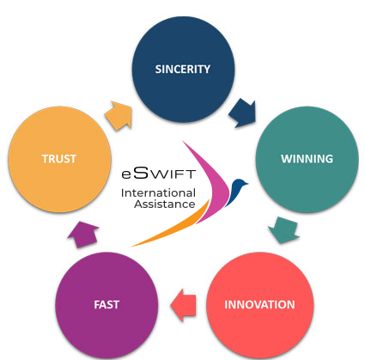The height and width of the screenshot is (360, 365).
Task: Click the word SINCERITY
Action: coord(183,70)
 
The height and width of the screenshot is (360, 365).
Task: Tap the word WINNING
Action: coord(307,159)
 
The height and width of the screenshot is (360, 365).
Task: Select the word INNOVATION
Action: coord(259,305)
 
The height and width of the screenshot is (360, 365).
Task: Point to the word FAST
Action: coord(106,305)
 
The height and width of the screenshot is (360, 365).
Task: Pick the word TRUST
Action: coord(59,159)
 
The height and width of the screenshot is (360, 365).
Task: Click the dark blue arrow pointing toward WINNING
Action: coord(243,113)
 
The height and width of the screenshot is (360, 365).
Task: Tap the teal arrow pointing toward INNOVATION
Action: coord(284,230)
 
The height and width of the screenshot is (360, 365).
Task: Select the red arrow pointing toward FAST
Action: coord(184,305)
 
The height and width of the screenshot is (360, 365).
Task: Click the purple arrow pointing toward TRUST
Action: coord(83,235)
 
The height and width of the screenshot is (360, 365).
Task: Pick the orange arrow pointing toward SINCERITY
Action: coord(119,115)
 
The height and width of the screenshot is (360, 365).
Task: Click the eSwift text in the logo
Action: coord(159,173)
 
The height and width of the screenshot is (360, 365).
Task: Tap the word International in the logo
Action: coord(158,193)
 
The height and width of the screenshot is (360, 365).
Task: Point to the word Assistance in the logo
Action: coord(165,204)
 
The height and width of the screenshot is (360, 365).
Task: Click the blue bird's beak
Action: coord(246,183)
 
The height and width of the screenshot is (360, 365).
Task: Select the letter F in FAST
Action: coord(97,305)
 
